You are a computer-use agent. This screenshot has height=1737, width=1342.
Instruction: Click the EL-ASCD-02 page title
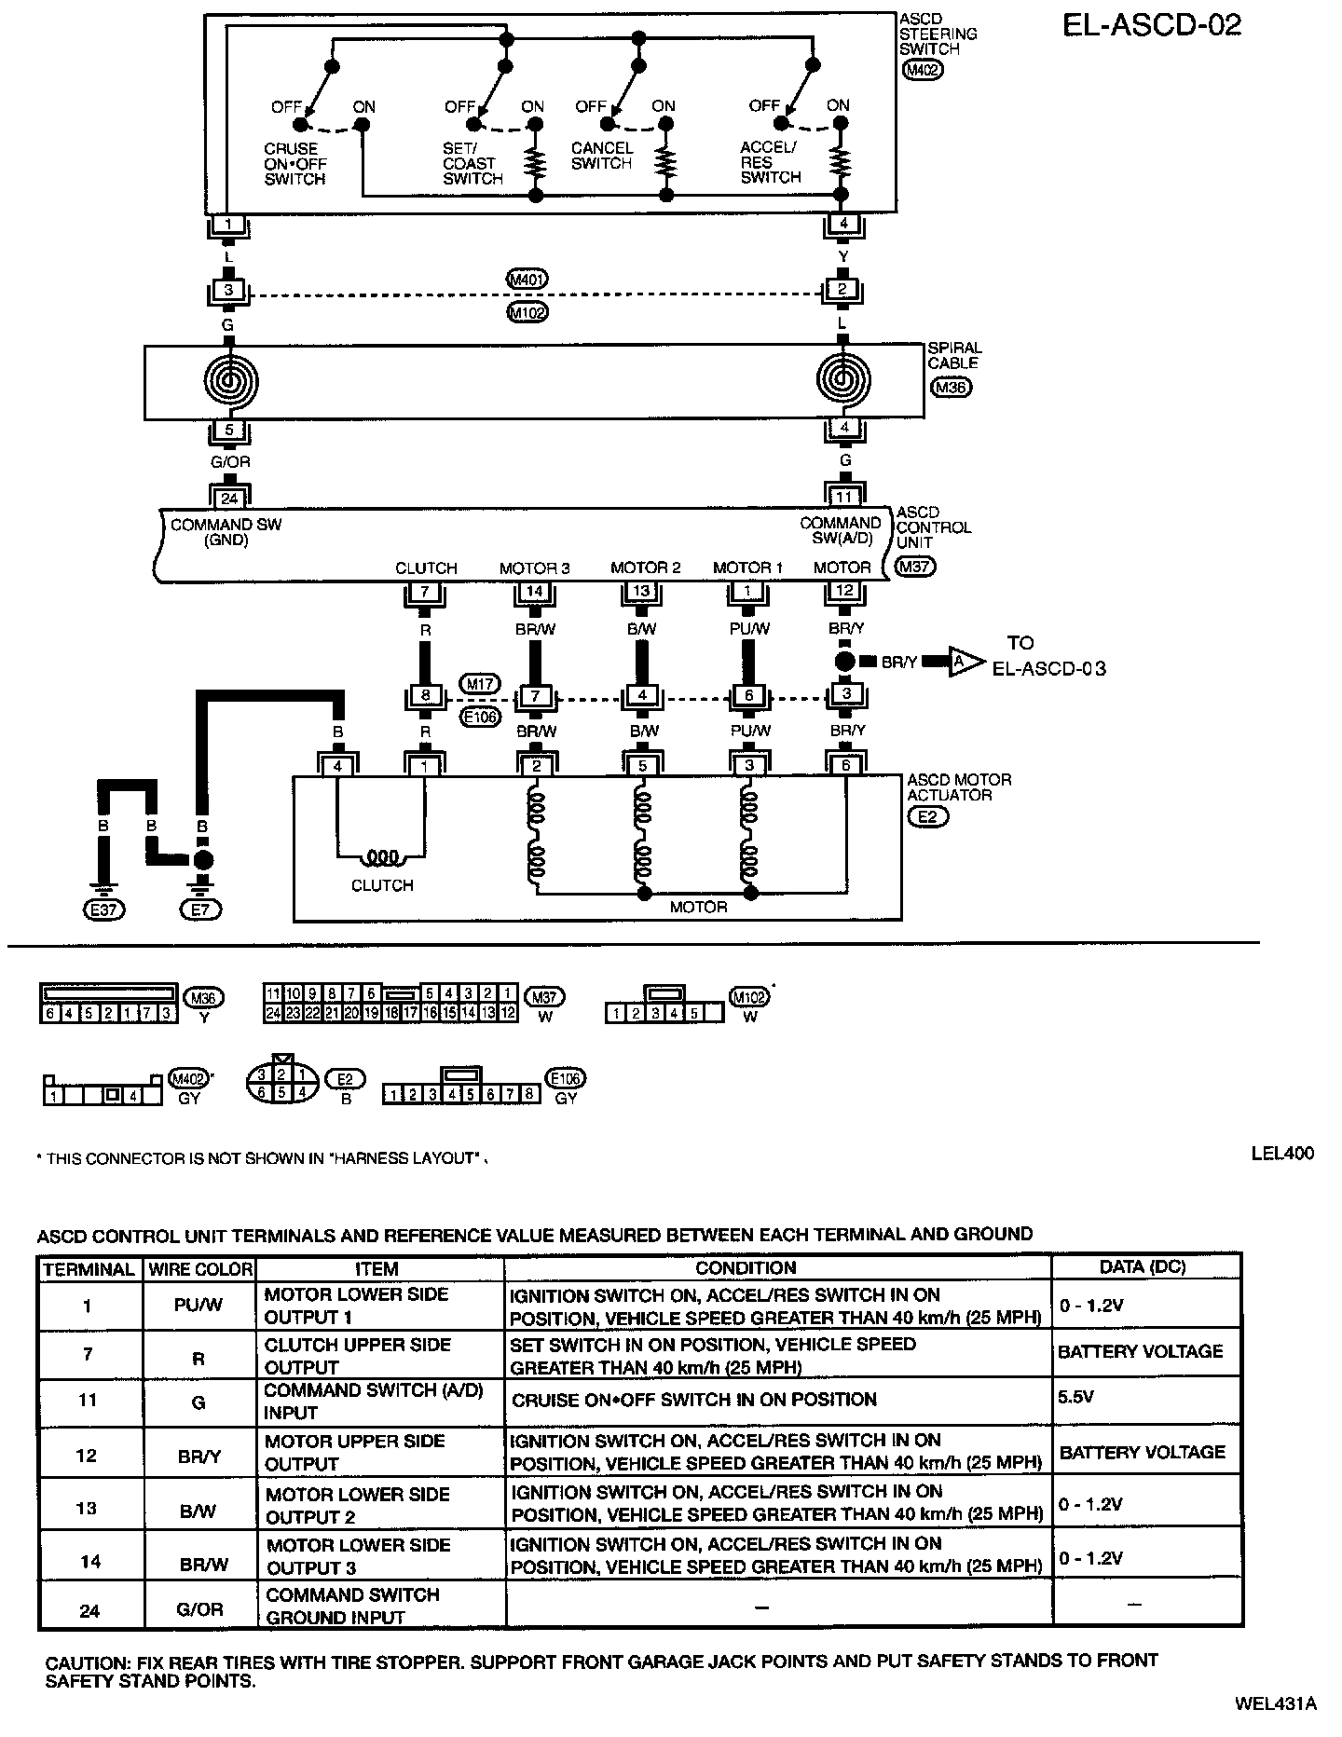(1152, 25)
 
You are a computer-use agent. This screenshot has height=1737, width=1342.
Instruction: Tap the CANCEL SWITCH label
(601, 156)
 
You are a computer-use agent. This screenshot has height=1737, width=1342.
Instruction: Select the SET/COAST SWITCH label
(472, 163)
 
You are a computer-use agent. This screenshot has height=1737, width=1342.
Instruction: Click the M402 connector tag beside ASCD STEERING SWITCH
(923, 69)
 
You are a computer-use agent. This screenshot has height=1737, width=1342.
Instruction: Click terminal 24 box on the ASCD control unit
(229, 499)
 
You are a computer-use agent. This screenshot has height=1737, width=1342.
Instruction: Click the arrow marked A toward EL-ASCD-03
(965, 662)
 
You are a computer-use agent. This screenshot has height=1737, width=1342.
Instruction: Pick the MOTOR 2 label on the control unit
(645, 568)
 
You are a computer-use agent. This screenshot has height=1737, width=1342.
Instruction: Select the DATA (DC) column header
(1143, 1268)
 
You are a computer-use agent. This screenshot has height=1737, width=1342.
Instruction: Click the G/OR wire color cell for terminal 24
(199, 1608)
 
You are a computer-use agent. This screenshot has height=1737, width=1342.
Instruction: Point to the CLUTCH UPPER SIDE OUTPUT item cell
(358, 1356)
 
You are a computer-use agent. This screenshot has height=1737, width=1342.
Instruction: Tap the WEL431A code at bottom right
(1275, 1703)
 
